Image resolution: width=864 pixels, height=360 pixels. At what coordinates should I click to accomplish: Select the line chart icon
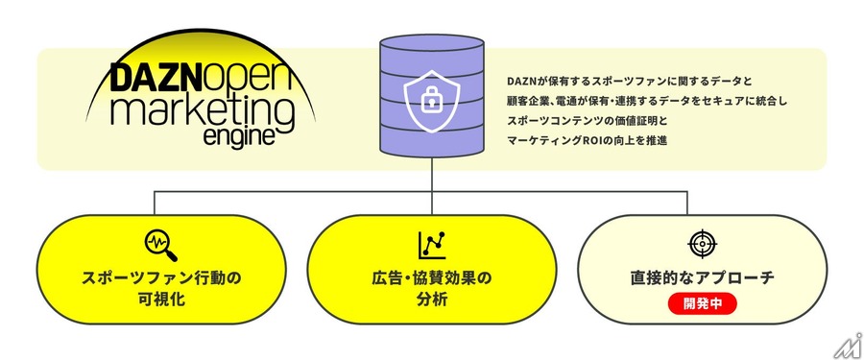431,246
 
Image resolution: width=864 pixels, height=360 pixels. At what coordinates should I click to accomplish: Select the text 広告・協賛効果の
432,278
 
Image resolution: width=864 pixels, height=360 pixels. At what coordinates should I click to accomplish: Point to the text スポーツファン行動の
159,278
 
